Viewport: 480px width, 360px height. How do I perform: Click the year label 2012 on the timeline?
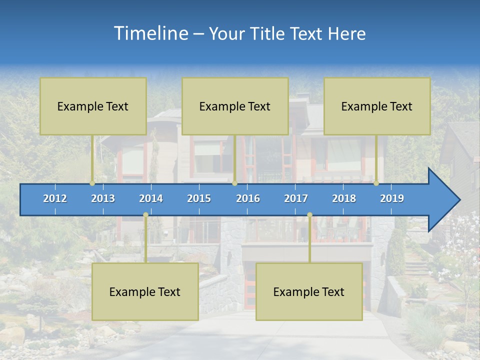pos(55,198)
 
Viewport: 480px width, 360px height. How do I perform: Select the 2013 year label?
pos(103,198)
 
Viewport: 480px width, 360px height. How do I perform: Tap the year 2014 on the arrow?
pos(151,198)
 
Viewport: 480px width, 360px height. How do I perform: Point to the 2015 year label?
pos(199,198)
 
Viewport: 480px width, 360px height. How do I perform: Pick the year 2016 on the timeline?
pos(248,198)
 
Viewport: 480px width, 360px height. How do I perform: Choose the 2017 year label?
pos(296,198)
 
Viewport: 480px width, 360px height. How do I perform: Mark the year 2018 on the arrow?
pos(344,198)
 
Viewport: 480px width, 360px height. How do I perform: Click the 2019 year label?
pos(392,198)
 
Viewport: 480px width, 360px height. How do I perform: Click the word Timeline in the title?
pos(151,33)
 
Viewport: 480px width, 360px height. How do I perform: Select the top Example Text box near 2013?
pos(93,106)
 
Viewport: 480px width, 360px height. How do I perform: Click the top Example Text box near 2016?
pos(235,106)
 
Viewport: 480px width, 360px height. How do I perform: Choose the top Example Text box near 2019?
pos(377,106)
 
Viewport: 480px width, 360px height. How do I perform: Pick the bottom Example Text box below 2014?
pos(145,291)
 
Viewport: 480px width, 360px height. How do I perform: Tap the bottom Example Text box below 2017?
pos(309,291)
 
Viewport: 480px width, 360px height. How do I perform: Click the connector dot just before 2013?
pos(92,183)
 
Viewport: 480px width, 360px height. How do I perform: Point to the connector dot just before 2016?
pos(234,183)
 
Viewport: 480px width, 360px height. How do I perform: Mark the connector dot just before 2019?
pos(376,183)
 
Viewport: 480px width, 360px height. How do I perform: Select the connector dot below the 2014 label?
pos(145,215)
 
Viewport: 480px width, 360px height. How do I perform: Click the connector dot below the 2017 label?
pos(309,215)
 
